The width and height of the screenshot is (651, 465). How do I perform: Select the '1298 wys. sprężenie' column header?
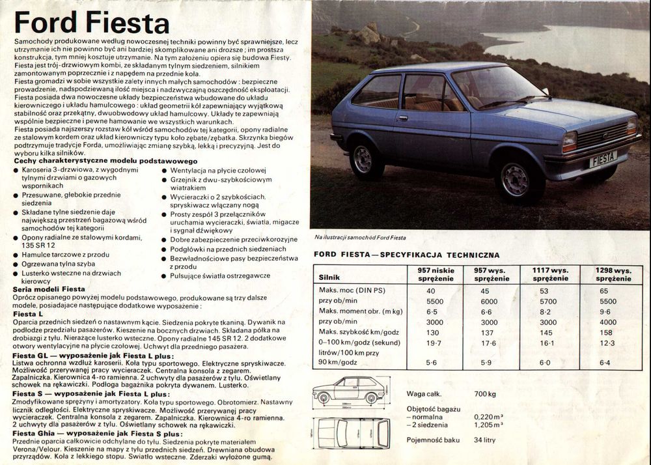[x=613, y=274]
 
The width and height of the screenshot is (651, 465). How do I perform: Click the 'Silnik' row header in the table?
[x=329, y=277]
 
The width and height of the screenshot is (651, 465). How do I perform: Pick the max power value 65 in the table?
[x=604, y=290]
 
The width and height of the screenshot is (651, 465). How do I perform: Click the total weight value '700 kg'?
[x=485, y=393]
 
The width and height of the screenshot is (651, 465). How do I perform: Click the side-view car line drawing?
[x=350, y=391]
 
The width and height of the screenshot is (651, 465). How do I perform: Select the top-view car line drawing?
[x=352, y=432]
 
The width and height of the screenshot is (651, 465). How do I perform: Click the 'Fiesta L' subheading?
[x=28, y=314]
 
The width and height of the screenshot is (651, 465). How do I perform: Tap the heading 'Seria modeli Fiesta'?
[x=49, y=289]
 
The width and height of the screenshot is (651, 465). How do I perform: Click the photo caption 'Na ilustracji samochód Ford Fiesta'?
[x=360, y=238]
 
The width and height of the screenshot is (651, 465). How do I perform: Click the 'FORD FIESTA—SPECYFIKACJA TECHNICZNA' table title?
[x=407, y=255]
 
